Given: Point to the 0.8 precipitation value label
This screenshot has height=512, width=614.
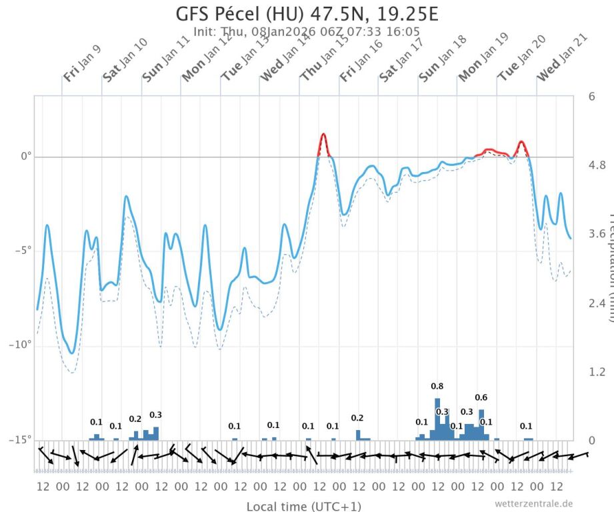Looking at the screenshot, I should tap(437, 386).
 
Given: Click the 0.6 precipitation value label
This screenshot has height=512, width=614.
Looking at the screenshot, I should tap(481, 397).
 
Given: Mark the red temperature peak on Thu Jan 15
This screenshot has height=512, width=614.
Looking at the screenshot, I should tap(324, 135).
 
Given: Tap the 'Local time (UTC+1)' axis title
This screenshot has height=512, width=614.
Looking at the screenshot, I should tap(304, 506).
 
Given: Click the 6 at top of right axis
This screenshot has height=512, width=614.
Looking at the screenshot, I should tap(591, 96).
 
